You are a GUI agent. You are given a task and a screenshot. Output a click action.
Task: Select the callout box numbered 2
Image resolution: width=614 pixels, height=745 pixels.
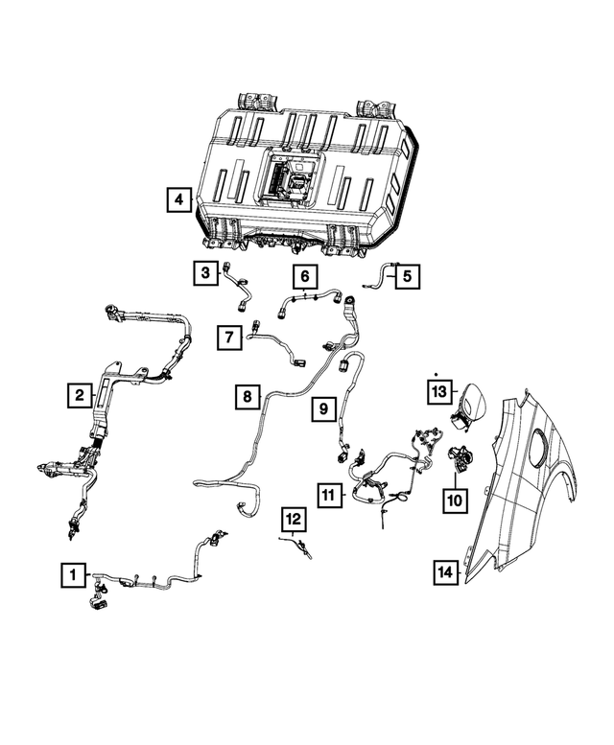click(x=80, y=394)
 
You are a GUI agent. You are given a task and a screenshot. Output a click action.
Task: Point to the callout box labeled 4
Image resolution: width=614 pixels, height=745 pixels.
click(x=177, y=200)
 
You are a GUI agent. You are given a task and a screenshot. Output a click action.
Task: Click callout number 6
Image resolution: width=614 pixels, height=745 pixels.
click(x=304, y=277)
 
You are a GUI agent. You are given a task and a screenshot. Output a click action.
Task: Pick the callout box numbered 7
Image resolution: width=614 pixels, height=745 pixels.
click(x=228, y=338)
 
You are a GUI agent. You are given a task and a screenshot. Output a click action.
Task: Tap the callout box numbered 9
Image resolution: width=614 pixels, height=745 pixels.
click(x=323, y=408)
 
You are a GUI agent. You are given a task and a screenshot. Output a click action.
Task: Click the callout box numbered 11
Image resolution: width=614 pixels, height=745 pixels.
click(x=329, y=495)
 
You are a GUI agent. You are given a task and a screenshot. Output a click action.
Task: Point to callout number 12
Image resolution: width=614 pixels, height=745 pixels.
click(x=292, y=520)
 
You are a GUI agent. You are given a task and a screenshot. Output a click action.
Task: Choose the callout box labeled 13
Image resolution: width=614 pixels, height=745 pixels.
click(x=438, y=391)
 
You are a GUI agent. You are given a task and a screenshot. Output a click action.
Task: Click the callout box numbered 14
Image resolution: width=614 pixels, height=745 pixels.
click(x=444, y=572)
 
